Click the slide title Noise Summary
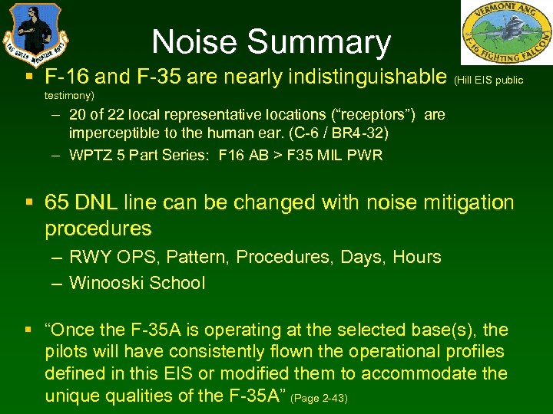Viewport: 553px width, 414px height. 271,43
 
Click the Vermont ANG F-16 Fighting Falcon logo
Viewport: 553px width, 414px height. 506,33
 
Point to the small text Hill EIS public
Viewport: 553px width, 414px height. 489,80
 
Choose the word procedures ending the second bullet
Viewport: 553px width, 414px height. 98,228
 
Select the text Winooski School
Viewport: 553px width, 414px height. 137,283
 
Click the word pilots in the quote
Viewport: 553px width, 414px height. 65,352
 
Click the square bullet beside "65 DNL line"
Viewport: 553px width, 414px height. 28,203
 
